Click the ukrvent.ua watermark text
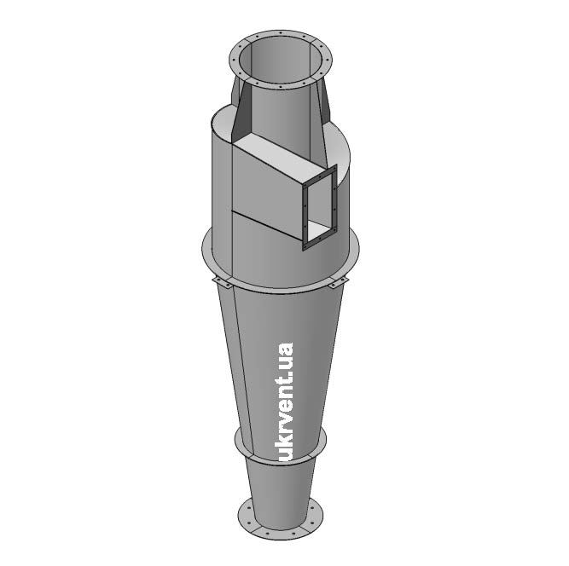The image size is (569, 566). coord(284,402)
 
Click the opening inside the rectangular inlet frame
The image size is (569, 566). coord(319,207)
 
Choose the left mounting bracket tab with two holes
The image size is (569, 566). coord(221,282)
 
